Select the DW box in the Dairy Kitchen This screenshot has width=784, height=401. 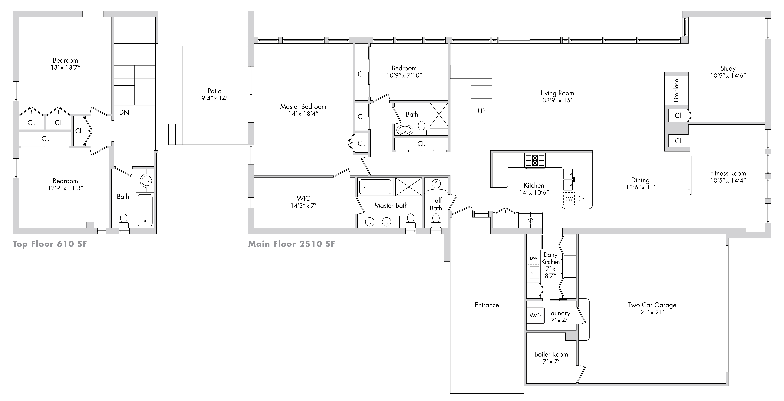coord(534,258)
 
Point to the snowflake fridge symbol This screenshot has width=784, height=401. coord(530,220)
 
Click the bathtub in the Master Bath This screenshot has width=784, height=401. coord(375,186)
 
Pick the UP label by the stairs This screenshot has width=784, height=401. coord(481,111)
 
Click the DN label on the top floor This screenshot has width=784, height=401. coord(124,112)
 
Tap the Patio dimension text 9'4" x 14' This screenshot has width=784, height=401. coord(215,98)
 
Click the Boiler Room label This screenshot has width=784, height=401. coord(551,354)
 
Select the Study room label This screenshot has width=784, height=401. coord(728,68)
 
